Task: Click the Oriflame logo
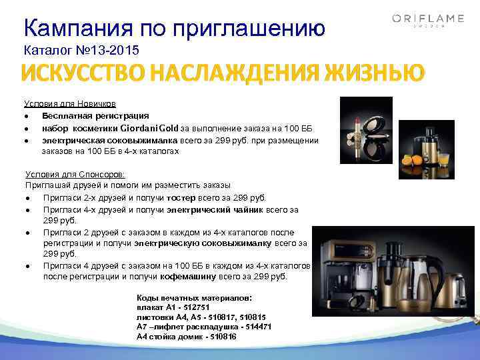tap(418, 21)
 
